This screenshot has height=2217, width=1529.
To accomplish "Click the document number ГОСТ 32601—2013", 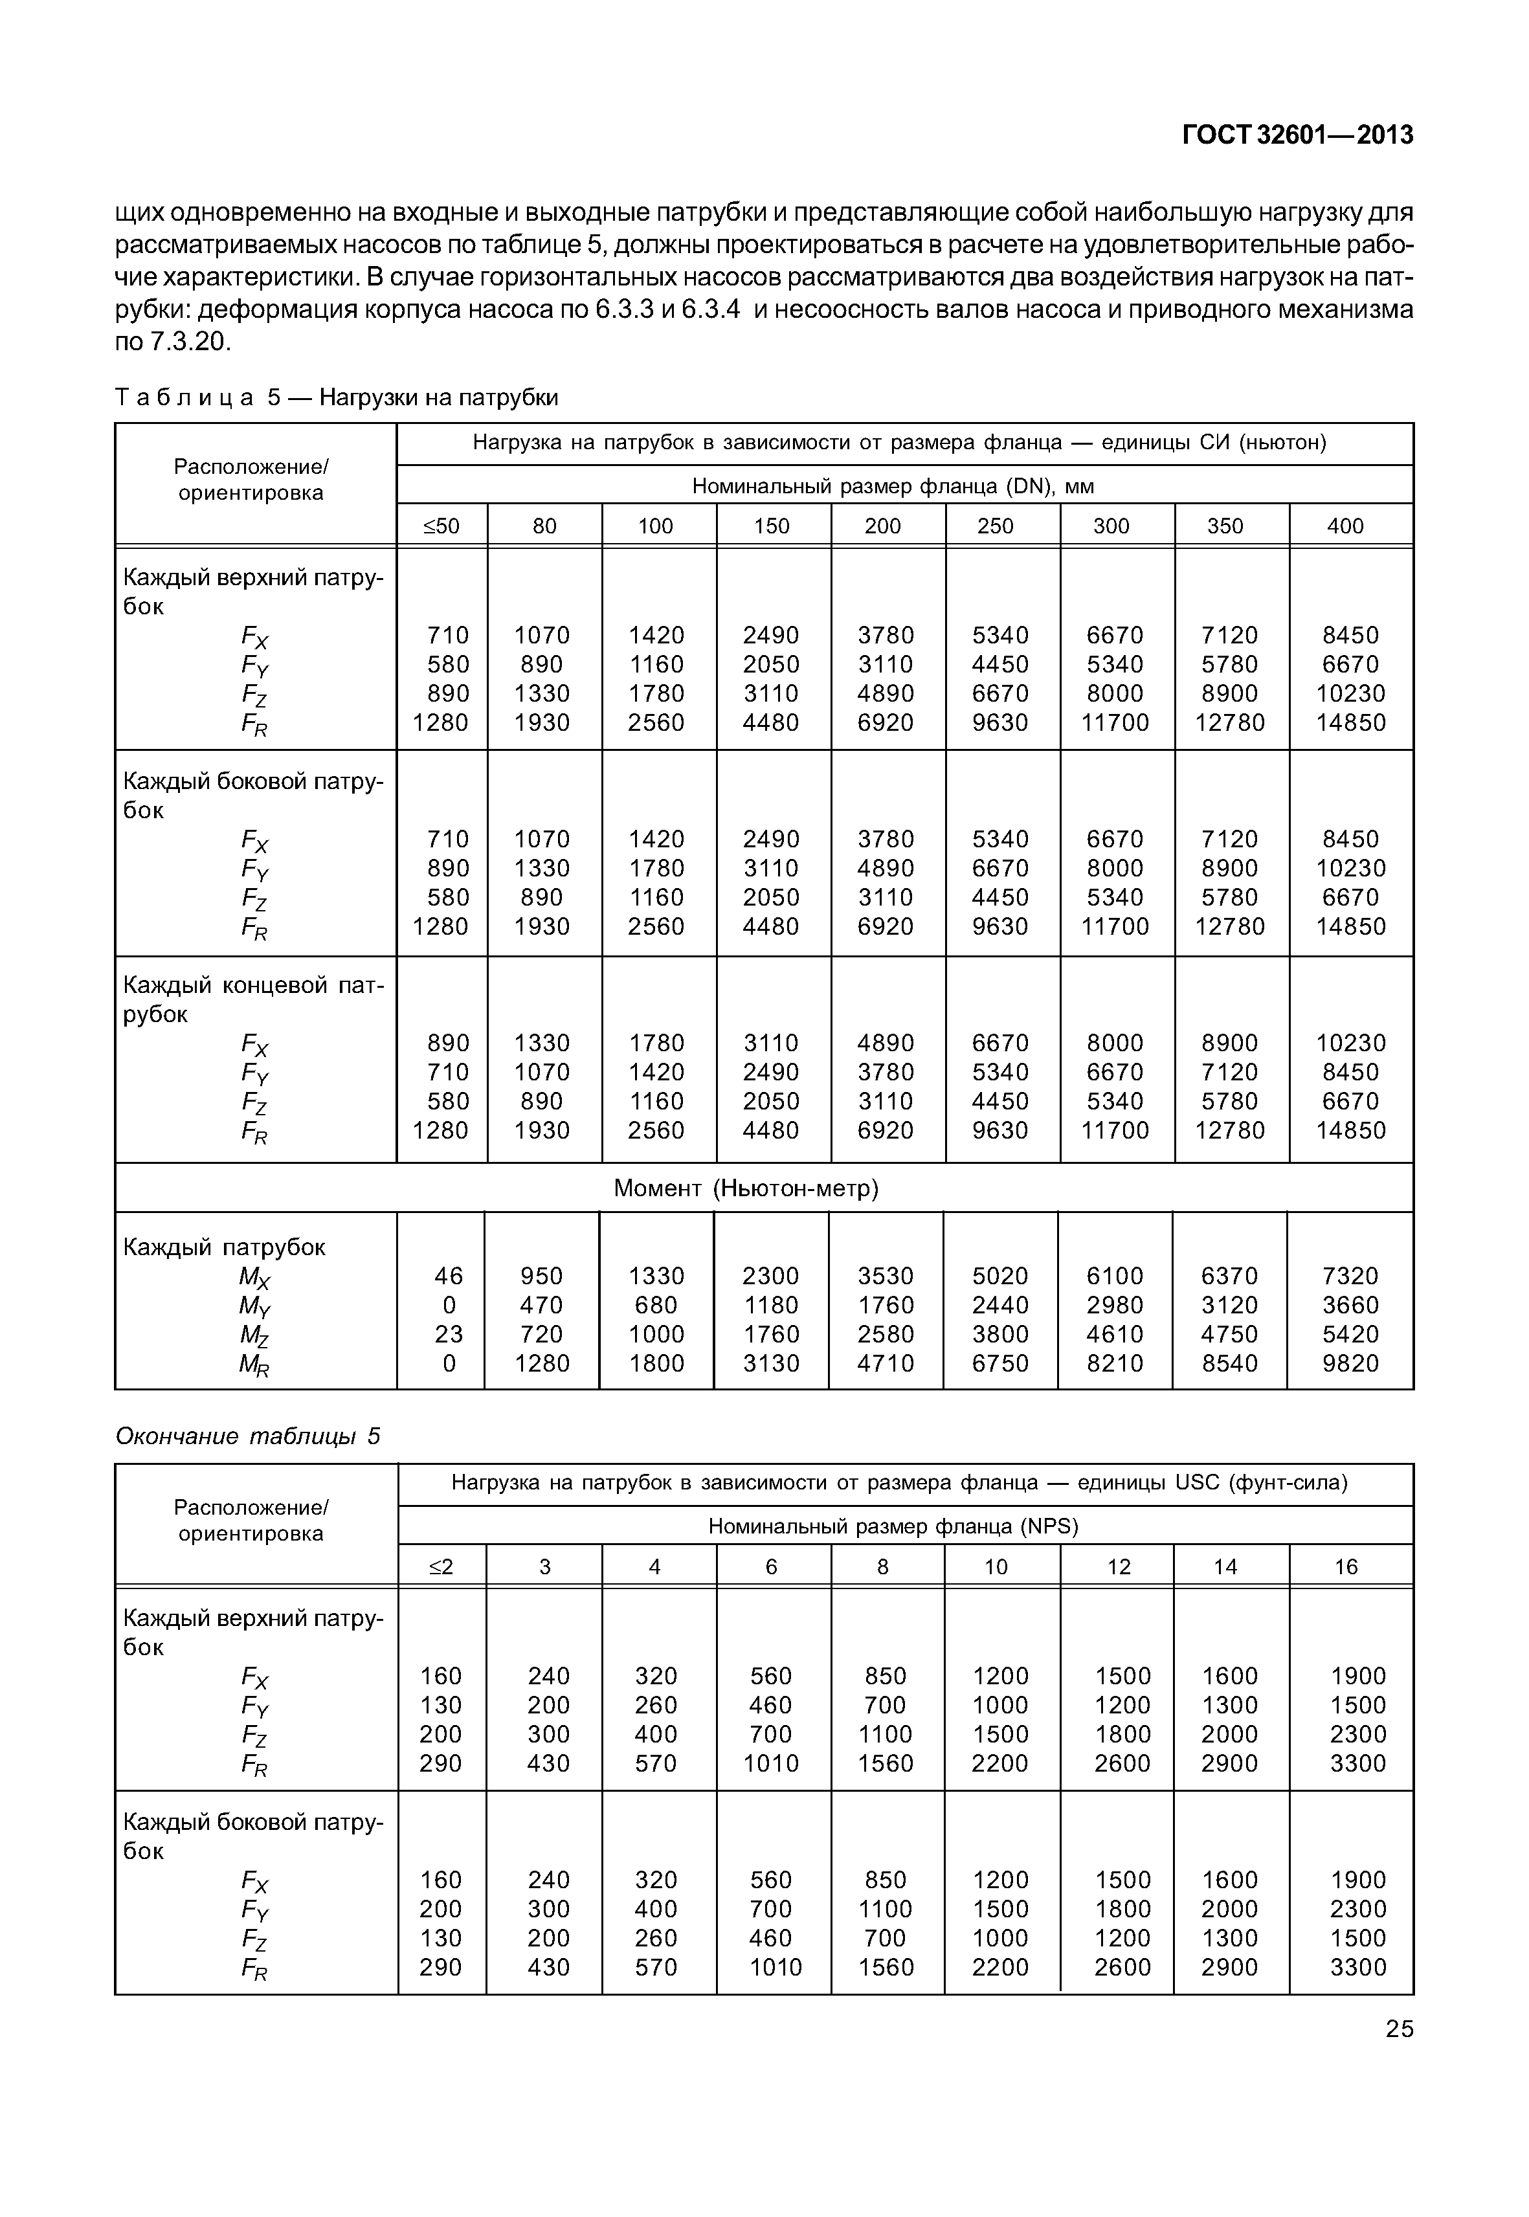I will pos(1297,135).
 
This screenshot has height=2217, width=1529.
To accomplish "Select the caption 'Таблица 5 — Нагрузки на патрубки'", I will pos(336,397).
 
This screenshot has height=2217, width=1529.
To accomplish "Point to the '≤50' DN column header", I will pos(441,526).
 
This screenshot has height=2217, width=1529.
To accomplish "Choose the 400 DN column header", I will pos(1345,526).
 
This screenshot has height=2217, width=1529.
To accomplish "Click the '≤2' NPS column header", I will pos(441,1566).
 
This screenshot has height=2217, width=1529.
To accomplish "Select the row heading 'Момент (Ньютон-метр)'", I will pos(746,1188).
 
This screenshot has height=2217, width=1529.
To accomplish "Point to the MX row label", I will pos(255,1277).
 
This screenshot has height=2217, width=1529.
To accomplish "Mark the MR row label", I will pos(255,1365).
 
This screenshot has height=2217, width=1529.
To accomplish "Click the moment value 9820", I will pos(1350,1363).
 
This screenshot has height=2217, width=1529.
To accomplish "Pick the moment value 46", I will pos(449,1276).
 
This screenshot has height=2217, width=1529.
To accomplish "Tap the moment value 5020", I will pos(1000,1276).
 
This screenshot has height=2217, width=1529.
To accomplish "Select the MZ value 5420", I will pos(1350,1335).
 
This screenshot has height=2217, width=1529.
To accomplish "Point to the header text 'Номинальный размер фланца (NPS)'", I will pos(893,1526).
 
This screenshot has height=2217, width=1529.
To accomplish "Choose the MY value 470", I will pos(542,1305).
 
